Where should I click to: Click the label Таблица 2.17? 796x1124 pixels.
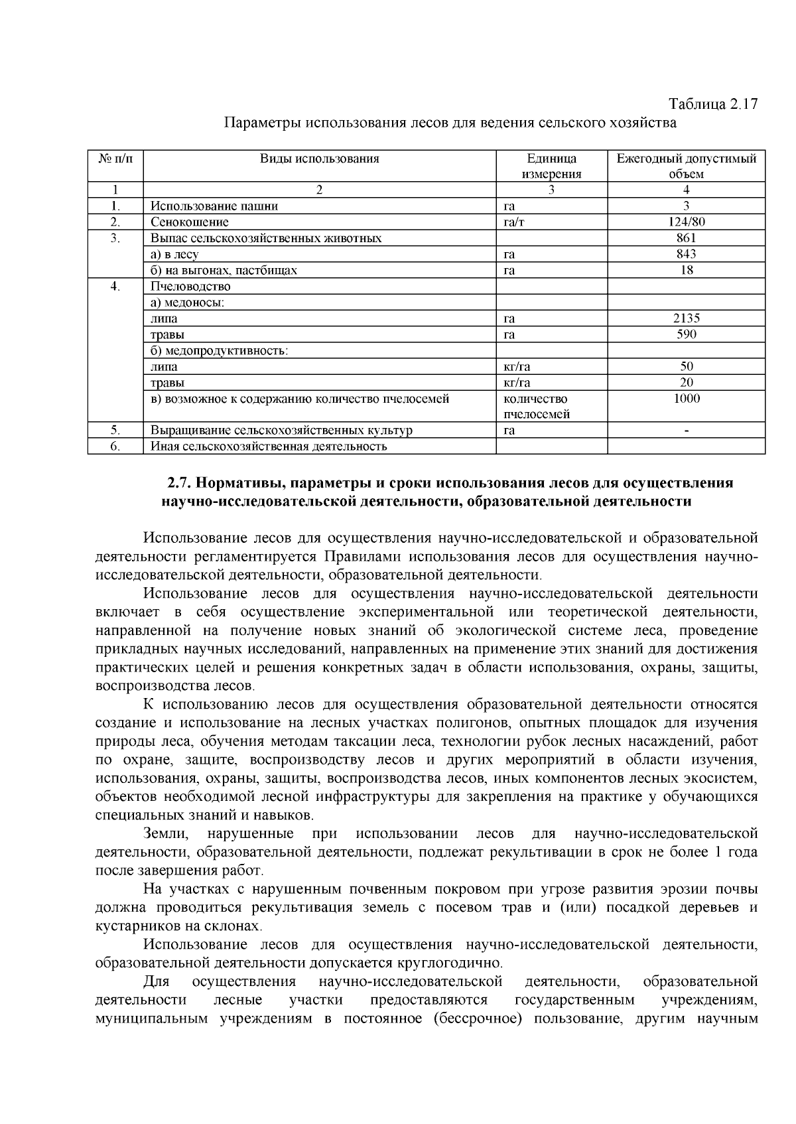coord(712,104)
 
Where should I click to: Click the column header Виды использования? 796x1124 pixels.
coord(319,159)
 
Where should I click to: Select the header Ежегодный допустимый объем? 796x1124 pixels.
coord(686,166)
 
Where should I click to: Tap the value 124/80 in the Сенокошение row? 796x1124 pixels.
coord(686,222)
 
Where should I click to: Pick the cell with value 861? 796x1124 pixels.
coord(686,238)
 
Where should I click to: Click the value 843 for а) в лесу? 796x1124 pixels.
coord(686,254)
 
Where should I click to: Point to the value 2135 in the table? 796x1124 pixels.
coord(686,318)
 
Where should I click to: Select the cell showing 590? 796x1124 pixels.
coord(686,334)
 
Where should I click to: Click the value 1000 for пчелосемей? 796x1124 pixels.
coord(686,399)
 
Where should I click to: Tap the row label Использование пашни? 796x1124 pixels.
coord(214,206)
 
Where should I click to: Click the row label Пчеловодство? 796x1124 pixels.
coord(190,287)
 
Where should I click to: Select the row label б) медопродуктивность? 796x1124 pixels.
coord(219,350)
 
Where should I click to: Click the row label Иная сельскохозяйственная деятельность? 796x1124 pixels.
coord(268,447)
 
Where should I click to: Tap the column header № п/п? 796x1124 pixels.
coord(115,159)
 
